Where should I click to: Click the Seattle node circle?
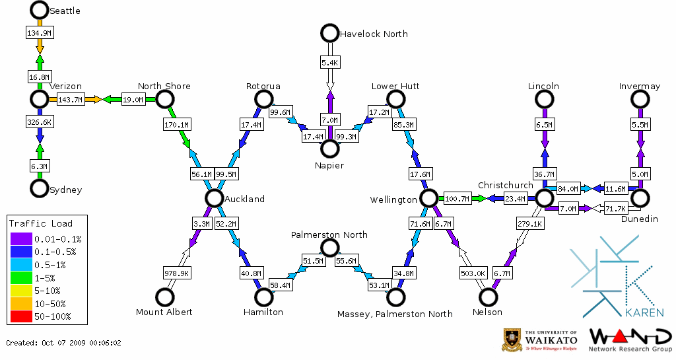point(40,10)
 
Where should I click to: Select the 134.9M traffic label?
point(40,32)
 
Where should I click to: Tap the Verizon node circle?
point(40,99)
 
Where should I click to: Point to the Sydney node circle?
point(40,188)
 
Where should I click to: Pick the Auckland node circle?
point(213,198)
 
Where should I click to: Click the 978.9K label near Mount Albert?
point(177,273)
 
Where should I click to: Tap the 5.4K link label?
point(329,63)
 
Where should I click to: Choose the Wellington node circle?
point(428,198)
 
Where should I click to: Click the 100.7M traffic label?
point(456,199)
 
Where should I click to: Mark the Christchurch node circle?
point(543,198)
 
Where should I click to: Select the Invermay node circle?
point(639,99)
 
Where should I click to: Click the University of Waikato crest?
point(512,340)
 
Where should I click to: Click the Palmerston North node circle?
point(329,248)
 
